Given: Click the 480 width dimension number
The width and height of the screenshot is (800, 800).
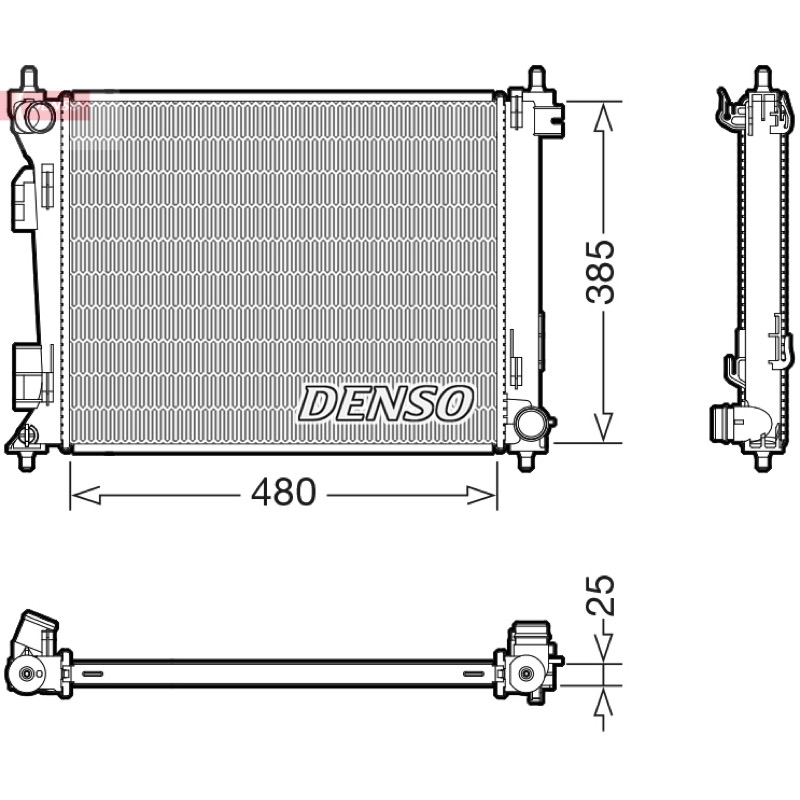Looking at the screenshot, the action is point(284,492).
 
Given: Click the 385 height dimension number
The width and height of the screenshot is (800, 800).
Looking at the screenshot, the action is point(601,272).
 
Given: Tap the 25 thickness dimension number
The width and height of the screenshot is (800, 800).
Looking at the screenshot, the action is point(600,595).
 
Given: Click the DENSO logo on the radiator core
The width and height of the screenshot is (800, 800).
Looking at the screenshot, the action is point(386,404).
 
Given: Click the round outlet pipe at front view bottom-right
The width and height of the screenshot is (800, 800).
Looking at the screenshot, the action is point(530,422).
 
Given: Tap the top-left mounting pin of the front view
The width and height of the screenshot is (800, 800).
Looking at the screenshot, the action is point(29,79).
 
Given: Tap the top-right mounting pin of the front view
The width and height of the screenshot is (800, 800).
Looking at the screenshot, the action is point(536,79).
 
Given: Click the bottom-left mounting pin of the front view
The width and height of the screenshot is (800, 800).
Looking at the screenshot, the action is point(27,460).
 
